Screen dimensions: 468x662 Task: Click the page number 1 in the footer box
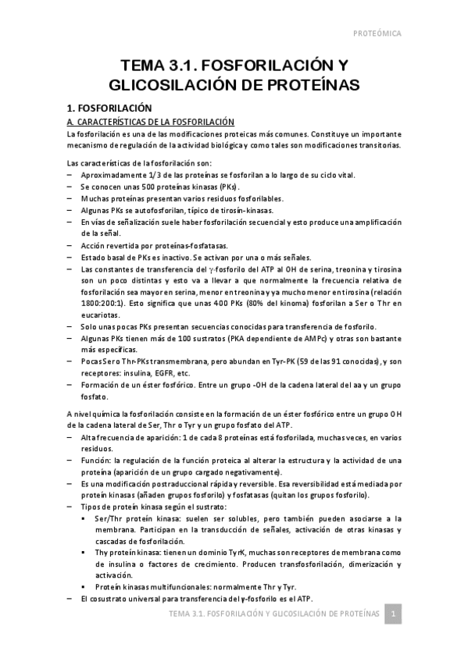point(395,615)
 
